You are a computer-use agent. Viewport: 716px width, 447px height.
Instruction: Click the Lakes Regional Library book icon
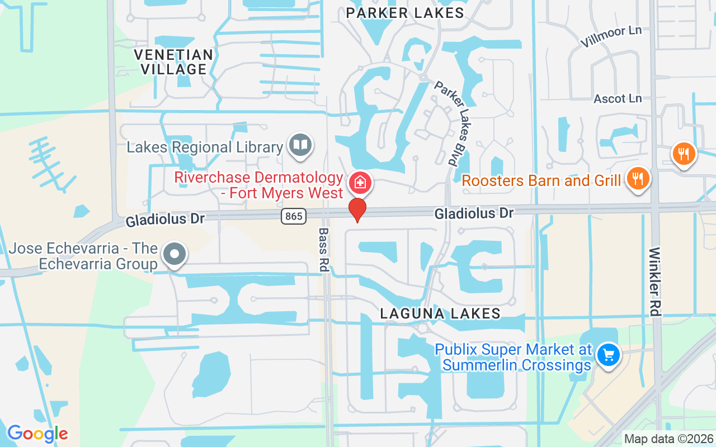point(300,145)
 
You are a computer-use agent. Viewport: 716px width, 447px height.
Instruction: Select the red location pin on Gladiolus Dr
point(357,210)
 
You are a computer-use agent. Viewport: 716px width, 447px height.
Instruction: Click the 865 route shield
point(294,216)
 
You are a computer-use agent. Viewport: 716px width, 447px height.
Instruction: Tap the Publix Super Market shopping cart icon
point(608,355)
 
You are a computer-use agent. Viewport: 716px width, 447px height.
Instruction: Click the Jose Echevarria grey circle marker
point(175,254)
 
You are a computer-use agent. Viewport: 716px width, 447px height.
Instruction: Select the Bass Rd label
point(323,249)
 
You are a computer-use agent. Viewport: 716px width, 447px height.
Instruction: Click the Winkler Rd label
point(655,283)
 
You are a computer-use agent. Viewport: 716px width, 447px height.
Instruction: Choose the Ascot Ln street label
point(618,98)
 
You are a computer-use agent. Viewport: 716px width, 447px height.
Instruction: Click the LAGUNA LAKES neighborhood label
point(440,313)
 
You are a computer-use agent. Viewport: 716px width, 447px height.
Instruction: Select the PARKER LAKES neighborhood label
point(405,13)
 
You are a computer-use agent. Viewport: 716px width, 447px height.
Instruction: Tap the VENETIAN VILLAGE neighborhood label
point(173,62)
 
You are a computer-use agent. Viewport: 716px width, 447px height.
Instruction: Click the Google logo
point(37,433)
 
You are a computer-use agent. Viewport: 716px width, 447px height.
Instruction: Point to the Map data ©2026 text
point(668,439)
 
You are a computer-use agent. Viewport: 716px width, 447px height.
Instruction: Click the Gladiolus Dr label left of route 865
point(165,218)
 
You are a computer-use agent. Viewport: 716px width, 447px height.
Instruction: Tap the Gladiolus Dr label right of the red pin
point(474,213)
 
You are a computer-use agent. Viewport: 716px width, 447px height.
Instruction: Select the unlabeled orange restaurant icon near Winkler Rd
point(684,154)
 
